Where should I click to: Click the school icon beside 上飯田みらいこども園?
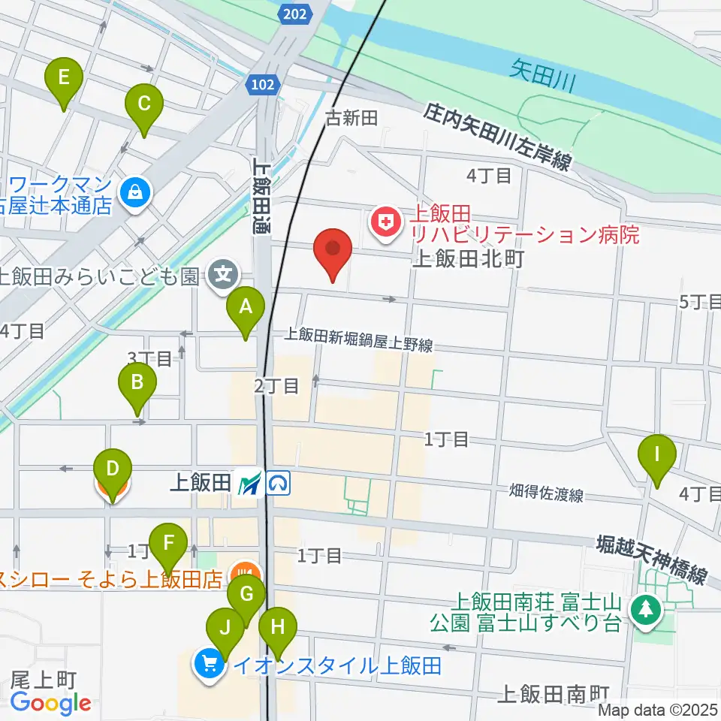coord(223,275)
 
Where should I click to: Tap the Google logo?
coord(51,702)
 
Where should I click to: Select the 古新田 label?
coord(350,118)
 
